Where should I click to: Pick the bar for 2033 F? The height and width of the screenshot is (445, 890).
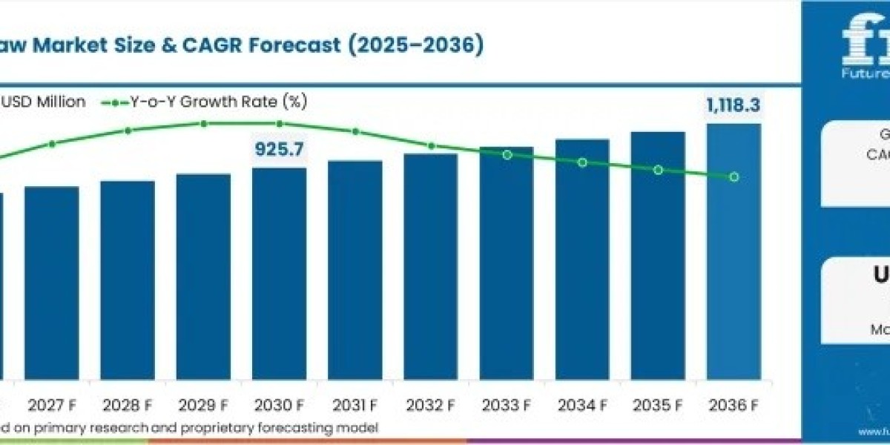(507, 263)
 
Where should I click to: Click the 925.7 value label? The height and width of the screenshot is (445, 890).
(279, 150)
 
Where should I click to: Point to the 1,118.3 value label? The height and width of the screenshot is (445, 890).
(732, 106)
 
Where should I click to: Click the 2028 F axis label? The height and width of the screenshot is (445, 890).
(128, 405)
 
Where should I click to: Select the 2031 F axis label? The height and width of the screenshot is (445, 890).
(355, 405)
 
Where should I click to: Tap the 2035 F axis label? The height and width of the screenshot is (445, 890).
(658, 405)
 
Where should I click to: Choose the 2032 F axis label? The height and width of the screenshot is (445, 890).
(431, 405)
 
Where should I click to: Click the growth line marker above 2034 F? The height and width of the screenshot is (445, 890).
(582, 162)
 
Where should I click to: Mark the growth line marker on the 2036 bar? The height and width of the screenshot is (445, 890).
(734, 177)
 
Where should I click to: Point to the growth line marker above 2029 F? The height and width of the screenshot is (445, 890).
(203, 123)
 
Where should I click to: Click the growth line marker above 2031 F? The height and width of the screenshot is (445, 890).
(355, 131)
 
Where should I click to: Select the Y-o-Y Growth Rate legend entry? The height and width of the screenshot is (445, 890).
(215, 102)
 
